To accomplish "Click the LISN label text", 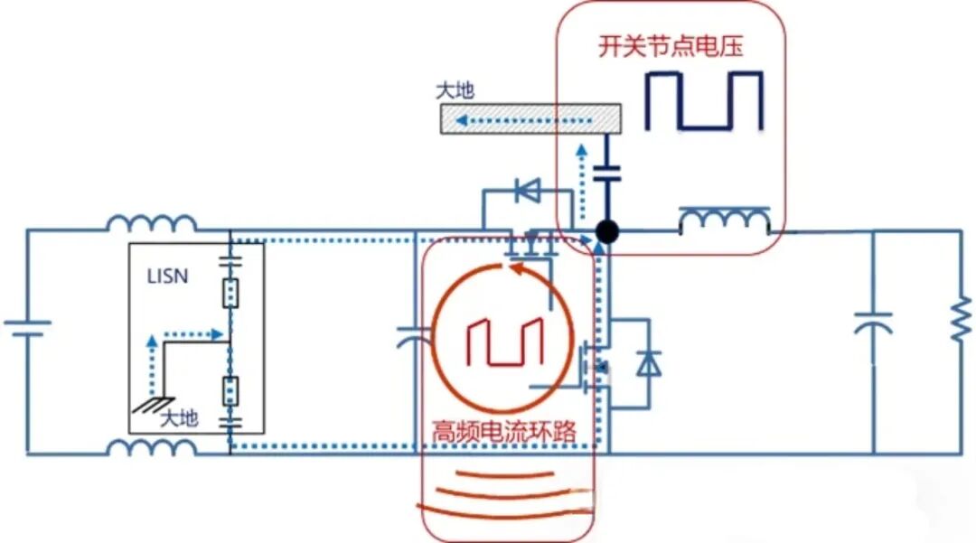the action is (167, 276).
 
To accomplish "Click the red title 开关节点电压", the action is (671, 46).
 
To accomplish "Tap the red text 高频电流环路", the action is (505, 431).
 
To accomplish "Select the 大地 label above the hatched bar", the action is (455, 91).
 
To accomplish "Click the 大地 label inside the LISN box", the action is (179, 418).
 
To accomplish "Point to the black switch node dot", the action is (607, 231).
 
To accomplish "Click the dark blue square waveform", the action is (704, 101).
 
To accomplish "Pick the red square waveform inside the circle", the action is (505, 342).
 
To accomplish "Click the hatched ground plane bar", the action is (531, 118).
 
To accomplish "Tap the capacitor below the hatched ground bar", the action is (607, 173).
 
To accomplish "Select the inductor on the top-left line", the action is (152, 222).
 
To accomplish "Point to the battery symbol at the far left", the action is (27, 328).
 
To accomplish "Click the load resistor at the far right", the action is (962, 319).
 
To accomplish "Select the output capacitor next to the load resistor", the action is (873, 323).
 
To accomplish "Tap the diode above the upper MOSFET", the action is (528, 191).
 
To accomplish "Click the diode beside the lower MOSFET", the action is (649, 363).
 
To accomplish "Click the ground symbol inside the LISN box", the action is (153, 406).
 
